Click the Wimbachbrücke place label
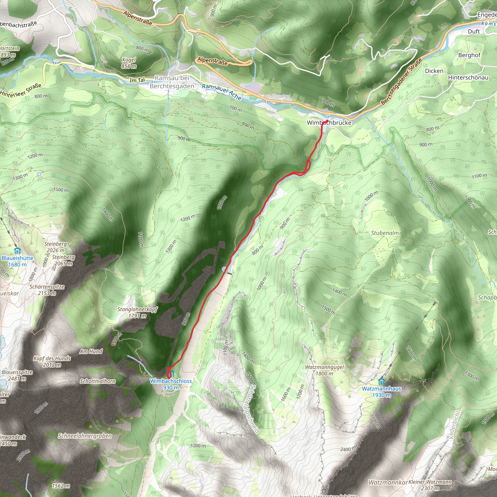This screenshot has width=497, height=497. pyautogui.click(x=329, y=123)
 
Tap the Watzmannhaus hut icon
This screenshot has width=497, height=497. pyautogui.click(x=381, y=382)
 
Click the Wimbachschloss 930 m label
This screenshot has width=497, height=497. pyautogui.click(x=171, y=384)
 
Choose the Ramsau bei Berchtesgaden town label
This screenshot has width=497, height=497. pyautogui.click(x=172, y=82)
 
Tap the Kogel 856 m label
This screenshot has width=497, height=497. pyautogui.click(x=129, y=63)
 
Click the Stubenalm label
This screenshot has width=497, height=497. pyautogui.click(x=385, y=233)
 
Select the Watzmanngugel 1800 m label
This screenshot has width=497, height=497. pyautogui.click(x=324, y=370)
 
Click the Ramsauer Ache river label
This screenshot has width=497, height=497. pyautogui.click(x=222, y=92)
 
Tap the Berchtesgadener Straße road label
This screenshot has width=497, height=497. pyautogui.click(x=401, y=82)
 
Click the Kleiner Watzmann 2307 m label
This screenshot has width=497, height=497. pyautogui.click(x=430, y=485)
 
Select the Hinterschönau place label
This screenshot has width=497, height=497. pyautogui.click(x=468, y=77)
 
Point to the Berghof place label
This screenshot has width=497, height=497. pyautogui.click(x=469, y=55)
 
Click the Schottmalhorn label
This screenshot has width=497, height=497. pyautogui.click(x=98, y=381)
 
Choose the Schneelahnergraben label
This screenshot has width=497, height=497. pyautogui.click(x=85, y=436)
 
